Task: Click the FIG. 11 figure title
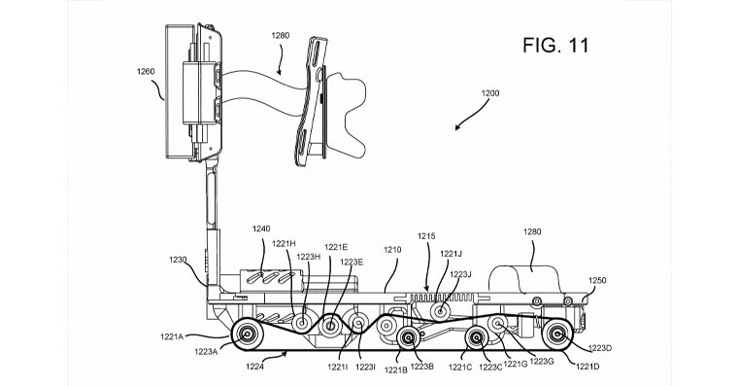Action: point(555,46)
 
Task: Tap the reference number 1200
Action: point(490,93)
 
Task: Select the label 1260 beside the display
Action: point(146,72)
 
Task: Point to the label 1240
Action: point(261,229)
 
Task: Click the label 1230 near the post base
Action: point(179,260)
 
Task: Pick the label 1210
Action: point(392,250)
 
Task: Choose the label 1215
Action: point(426,236)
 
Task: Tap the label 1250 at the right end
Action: point(597,280)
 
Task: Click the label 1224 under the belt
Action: point(254,366)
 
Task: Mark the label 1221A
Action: point(172,336)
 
